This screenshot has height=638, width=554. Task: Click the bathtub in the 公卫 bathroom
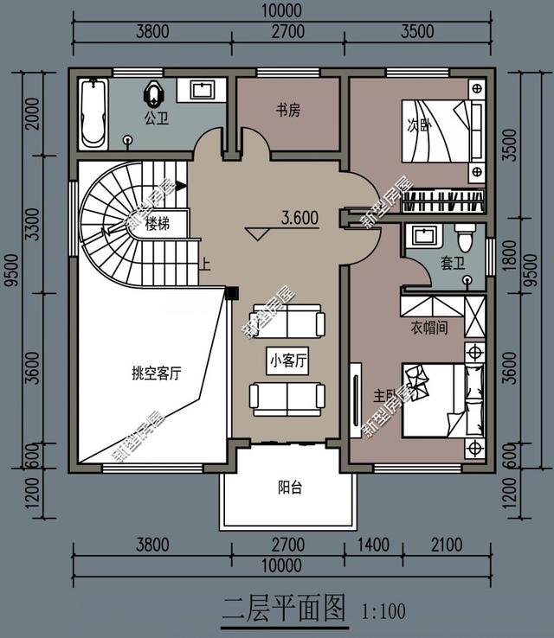(92, 113)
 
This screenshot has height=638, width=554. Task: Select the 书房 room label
(288, 110)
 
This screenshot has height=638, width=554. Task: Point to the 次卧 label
(419, 124)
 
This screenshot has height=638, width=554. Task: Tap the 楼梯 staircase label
(157, 224)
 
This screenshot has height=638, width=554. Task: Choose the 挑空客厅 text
(156, 373)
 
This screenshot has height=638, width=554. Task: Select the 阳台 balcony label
(290, 488)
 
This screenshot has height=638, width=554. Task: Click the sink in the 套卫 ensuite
(424, 236)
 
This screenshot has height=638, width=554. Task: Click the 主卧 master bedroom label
(385, 396)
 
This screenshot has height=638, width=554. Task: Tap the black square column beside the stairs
(231, 293)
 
